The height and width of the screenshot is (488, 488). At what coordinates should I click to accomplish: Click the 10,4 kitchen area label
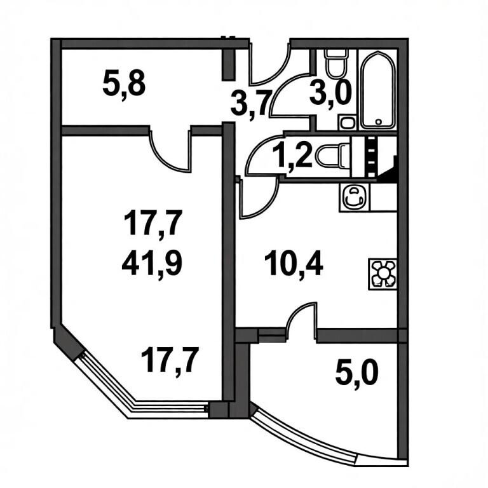point(294,264)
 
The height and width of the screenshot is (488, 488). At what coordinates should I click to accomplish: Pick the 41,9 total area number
point(152,264)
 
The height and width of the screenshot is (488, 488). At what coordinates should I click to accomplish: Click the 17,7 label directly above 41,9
point(152,223)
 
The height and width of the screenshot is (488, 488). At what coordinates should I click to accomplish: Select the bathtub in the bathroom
point(378,90)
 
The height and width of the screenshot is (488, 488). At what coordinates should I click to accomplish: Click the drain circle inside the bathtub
point(379,122)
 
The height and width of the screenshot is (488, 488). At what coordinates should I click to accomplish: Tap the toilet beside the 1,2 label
point(332,155)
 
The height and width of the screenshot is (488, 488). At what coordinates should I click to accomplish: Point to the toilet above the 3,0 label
point(335,63)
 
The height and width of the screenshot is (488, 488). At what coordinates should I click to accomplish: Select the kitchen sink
point(353,198)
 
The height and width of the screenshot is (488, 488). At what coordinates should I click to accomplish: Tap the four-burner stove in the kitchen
point(383,274)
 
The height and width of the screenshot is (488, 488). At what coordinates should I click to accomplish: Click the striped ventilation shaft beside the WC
point(370,157)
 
